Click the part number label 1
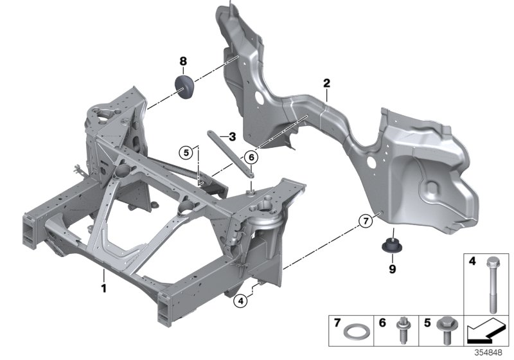(102, 289)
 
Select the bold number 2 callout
(326, 83)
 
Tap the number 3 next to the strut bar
(232, 136)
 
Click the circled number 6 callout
(251, 156)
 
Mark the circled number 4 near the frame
(240, 300)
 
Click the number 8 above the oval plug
(183, 61)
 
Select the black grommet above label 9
(390, 243)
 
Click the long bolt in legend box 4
(491, 285)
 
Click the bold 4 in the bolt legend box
(472, 262)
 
